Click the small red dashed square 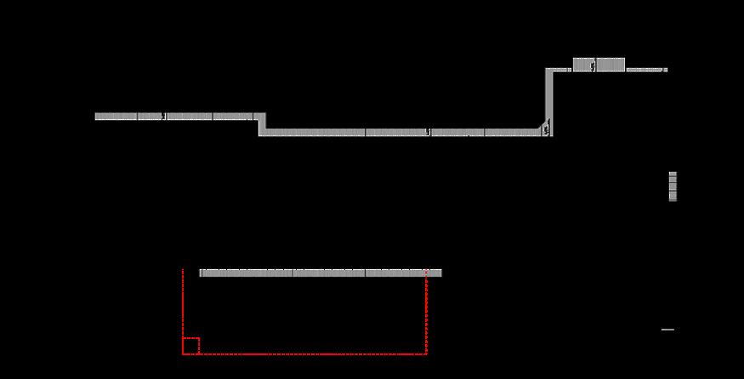[190, 345]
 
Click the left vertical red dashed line [183, 307]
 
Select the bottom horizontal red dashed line [306, 353]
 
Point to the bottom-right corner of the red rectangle [426, 353]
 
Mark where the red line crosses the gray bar [426, 273]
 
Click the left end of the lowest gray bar [202, 273]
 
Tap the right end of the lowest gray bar [440, 273]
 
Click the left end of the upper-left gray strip [97, 116]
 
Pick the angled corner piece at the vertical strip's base [545, 129]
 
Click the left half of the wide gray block [583, 65]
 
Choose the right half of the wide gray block [611, 65]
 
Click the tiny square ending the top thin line [665, 70]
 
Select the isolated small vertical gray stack [673, 187]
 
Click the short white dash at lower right [667, 330]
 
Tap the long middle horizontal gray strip [400, 132]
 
